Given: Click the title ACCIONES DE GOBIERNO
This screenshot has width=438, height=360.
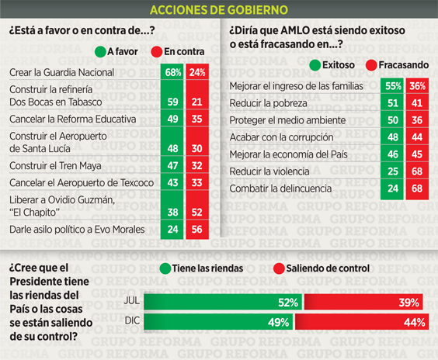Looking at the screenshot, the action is pos(219,10).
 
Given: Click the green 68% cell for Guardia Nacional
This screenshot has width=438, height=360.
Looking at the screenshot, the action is pos(172,72).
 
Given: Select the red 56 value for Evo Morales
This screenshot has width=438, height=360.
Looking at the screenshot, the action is pos(197,230).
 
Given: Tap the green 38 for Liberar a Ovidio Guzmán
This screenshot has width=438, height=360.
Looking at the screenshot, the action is pos(172,212).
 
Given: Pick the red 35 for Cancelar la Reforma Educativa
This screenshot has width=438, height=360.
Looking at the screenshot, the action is pos(197,119).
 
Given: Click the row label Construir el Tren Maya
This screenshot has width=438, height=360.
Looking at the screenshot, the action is pos(55,166).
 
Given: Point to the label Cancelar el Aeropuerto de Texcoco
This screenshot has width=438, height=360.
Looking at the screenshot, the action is pos(82,183).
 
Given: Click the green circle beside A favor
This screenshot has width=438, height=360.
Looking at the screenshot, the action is pos(100,52).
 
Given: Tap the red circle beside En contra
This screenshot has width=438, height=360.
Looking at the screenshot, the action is pos(157,52).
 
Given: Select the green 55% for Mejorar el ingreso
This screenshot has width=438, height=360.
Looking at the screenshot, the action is pos(392,86).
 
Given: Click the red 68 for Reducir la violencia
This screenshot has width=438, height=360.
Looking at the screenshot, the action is pos(417,171).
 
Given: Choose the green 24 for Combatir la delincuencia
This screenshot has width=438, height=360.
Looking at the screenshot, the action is pos(392,189).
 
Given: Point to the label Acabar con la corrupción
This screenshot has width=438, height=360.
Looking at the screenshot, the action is pos(281,137).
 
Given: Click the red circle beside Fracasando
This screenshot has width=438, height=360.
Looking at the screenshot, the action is pos(371,65).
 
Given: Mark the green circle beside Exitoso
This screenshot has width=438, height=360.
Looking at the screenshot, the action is pos(315,65).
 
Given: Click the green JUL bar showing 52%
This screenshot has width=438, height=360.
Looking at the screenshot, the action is pos(223,302).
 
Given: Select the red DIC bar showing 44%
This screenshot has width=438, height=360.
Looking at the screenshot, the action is pos(362,322).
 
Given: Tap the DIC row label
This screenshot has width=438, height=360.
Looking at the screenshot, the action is pos(132,320).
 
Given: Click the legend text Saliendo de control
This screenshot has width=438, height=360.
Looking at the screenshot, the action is pos(328,268).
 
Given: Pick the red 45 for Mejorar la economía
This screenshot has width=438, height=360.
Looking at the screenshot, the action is pos(417,154).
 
